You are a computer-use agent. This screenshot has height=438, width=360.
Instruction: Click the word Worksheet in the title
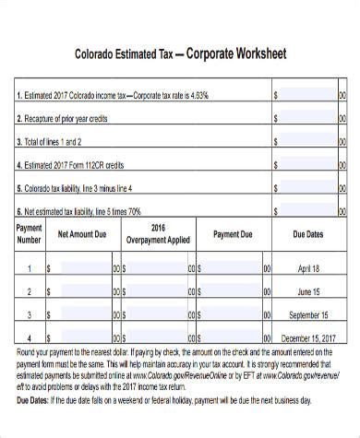pos(256,54)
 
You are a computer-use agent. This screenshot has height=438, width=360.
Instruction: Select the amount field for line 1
pos(307,94)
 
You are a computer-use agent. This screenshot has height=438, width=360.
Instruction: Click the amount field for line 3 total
pos(307,142)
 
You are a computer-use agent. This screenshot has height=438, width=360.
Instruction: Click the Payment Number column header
pos(30,234)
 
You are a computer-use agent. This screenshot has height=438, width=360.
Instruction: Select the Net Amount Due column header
pos(83,234)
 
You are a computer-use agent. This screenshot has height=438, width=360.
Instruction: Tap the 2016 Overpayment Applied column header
pos(158,234)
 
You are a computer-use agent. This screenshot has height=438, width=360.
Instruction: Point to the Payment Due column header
pos(233,234)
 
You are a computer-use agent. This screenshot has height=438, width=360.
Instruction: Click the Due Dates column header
pos(308,234)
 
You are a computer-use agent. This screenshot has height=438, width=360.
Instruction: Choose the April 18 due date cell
pos(308,268)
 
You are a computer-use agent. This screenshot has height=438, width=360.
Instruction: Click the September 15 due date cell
pos(308,314)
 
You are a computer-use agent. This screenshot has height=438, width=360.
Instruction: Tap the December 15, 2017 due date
pos(308,337)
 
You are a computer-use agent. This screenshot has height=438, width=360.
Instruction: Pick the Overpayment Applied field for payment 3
pos(160,314)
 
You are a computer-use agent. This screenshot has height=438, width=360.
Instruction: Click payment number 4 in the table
pos(30,337)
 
